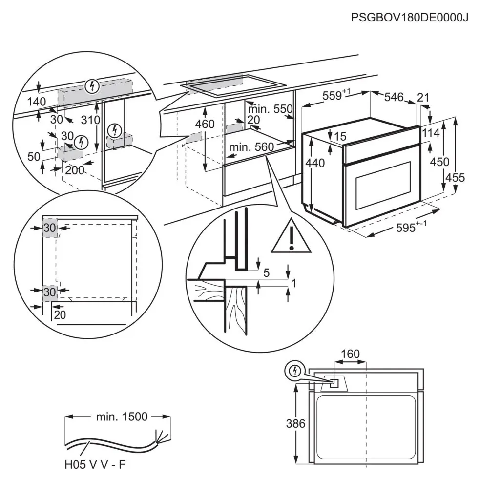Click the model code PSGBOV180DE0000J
coord(410,18)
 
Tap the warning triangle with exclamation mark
coord(292,238)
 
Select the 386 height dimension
coord(295,423)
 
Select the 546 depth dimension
coord(394,98)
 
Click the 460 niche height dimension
coord(205,124)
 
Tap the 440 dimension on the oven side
coord(314,163)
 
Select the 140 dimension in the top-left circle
coord(36,102)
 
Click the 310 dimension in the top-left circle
coord(90,120)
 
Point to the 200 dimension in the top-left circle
coord(74,170)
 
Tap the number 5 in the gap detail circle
coord(266,273)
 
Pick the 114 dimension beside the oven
coord(431,133)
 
